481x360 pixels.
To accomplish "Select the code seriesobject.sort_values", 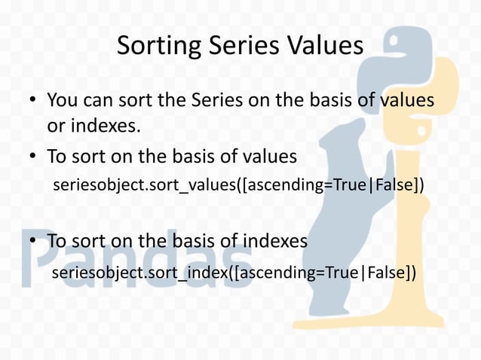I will click(144, 185).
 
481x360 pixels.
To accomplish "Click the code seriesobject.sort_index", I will click(139, 271).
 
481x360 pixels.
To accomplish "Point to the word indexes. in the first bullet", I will click(94, 126).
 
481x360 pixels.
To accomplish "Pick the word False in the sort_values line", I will click(391, 185).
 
